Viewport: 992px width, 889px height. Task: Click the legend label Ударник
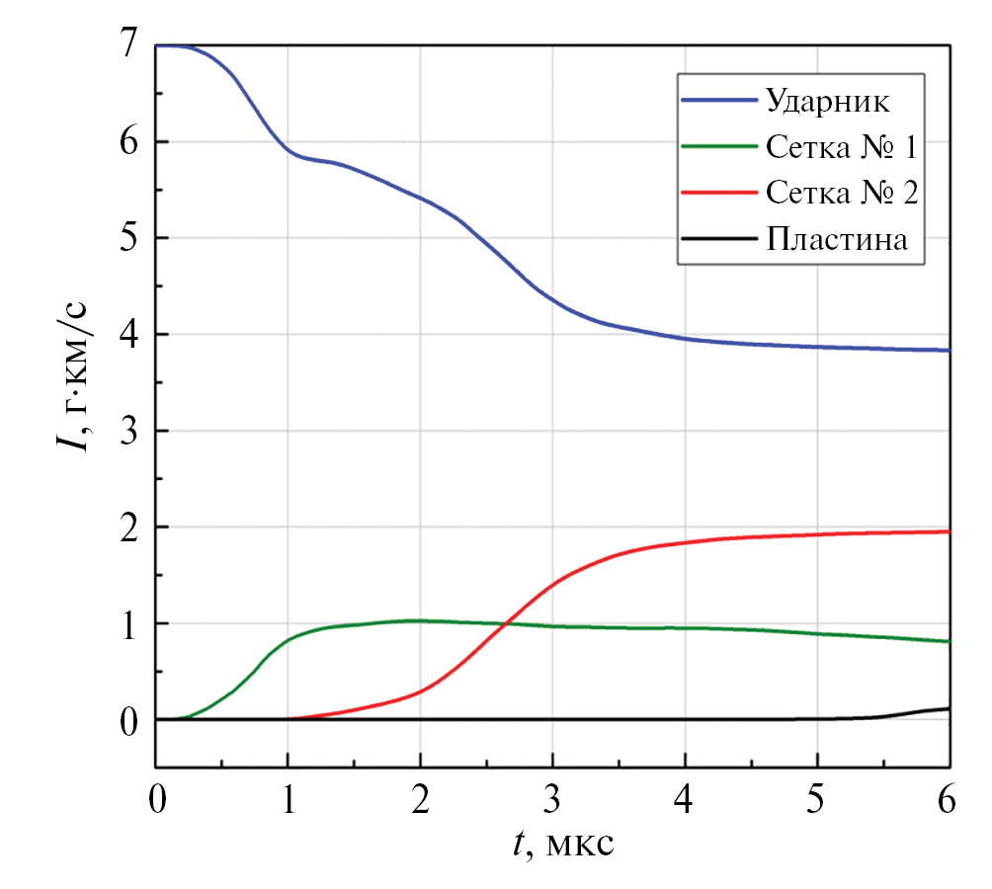[828, 100]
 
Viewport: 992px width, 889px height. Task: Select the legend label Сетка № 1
[841, 147]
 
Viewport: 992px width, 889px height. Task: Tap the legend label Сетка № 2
[841, 193]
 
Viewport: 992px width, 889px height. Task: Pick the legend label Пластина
[836, 239]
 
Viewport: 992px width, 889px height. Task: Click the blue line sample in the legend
[718, 101]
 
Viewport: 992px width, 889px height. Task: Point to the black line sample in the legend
[718, 239]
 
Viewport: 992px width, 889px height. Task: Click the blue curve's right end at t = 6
[949, 351]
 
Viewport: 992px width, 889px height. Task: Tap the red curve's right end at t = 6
[949, 531]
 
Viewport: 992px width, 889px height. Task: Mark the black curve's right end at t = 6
[949, 708]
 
